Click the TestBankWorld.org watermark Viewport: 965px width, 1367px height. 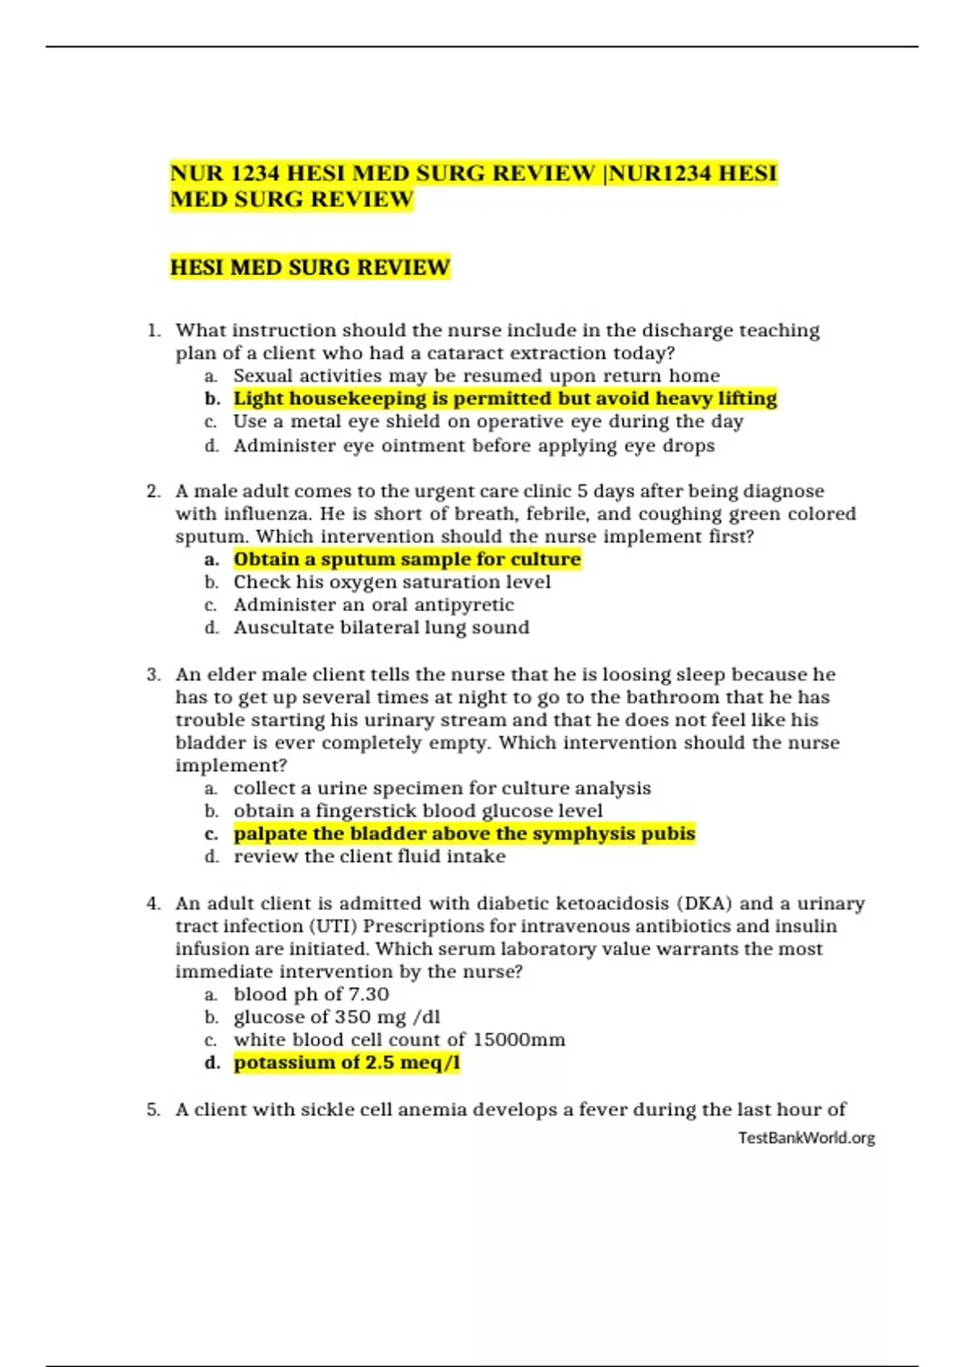(806, 1138)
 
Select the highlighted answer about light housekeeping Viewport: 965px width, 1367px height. (505, 399)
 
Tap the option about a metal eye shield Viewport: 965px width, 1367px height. (487, 421)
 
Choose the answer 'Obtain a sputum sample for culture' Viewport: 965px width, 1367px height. (407, 560)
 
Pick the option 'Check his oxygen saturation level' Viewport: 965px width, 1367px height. (392, 582)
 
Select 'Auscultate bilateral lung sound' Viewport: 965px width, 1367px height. (381, 627)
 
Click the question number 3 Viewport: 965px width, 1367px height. (154, 675)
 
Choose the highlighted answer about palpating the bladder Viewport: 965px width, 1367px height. (464, 834)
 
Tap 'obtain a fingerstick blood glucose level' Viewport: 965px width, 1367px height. (417, 811)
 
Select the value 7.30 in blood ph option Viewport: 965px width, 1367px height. (368, 995)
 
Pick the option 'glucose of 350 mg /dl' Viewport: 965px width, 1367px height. (336, 1017)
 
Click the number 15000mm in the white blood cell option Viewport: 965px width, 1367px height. (519, 1040)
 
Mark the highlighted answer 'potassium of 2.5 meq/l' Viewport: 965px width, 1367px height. (347, 1063)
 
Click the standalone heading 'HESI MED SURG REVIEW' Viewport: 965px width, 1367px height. (310, 268)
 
